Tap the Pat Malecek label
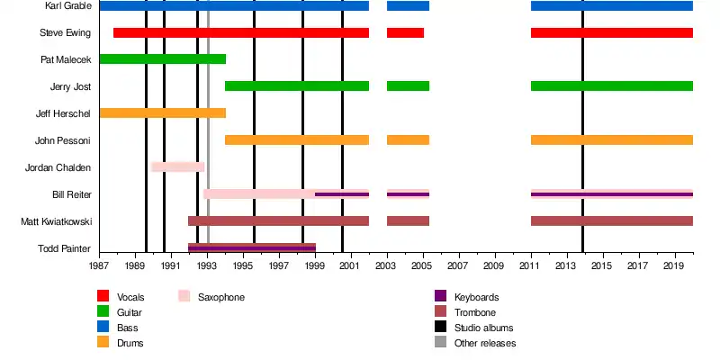(66, 60)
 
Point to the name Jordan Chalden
(59, 167)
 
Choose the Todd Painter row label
(64, 248)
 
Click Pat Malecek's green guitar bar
(162, 59)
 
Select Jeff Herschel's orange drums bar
(162, 113)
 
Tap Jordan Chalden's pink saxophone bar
(178, 167)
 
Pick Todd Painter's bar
(252, 247)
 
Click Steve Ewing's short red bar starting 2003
(405, 33)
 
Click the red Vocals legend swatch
(103, 297)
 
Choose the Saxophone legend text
(221, 297)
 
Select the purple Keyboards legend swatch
(441, 297)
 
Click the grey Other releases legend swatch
(441, 343)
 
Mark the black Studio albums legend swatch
(441, 328)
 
